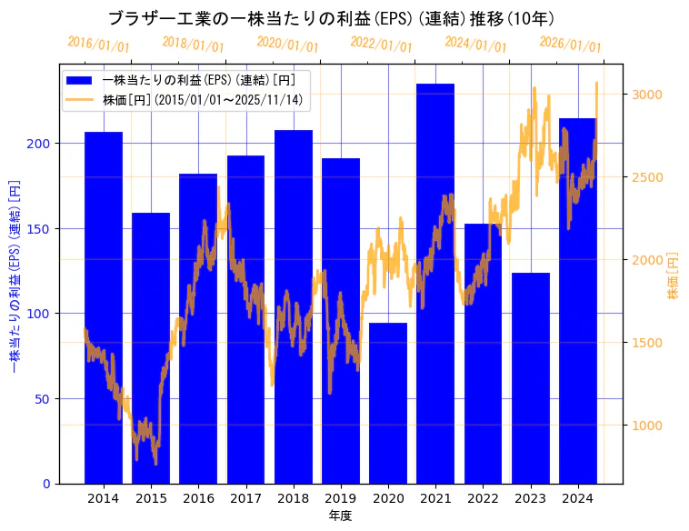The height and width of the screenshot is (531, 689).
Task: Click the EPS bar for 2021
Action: coord(435,283)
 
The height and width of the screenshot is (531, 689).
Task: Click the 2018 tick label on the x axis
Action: coord(293,498)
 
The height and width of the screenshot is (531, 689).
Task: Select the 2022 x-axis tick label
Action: coord(483,498)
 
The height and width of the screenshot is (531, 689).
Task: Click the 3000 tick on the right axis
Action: coord(647,95)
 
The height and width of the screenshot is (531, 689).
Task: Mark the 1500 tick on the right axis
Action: coord(647,343)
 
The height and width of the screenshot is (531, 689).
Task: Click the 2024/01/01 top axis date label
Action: coord(475,44)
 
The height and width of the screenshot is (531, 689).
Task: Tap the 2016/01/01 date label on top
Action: coord(98,44)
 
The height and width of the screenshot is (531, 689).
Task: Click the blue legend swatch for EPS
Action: coord(80,80)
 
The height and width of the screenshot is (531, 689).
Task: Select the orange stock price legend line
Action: coord(80,100)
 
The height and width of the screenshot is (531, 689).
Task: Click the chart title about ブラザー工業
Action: coord(331,18)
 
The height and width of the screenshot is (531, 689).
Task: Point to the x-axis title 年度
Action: coord(340,516)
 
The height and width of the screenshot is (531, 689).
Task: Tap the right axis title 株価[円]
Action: coord(673,276)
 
